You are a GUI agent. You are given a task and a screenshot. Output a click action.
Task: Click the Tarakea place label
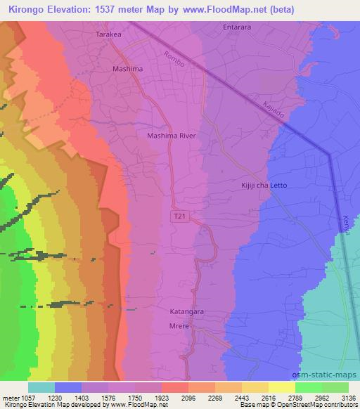[111, 34]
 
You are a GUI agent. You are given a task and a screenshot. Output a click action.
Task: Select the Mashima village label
[127, 69]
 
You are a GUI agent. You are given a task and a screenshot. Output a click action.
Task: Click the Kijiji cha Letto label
[264, 185]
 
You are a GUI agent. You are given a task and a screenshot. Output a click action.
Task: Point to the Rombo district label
[172, 60]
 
